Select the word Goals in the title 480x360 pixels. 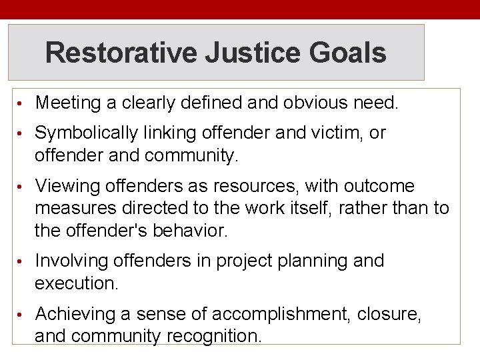(353, 53)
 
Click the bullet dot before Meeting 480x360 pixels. (22, 104)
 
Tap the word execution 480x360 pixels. (76, 283)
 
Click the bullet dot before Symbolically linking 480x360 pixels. (22, 134)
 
